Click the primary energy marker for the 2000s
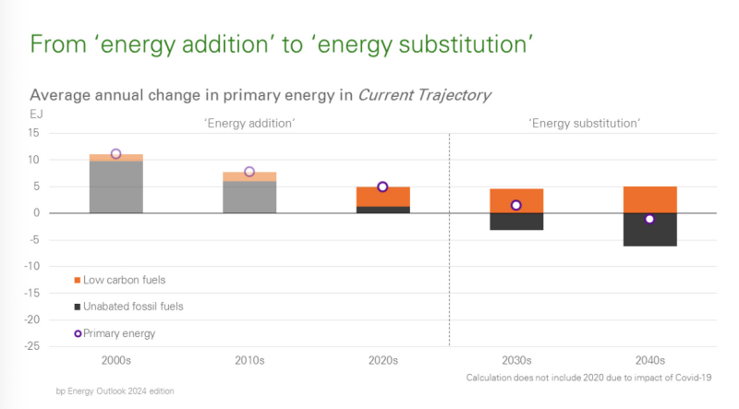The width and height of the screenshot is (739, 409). [115, 154]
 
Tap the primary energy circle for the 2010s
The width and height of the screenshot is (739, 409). [249, 172]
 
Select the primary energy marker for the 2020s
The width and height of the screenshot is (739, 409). [382, 186]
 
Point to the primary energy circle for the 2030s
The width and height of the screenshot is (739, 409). [516, 205]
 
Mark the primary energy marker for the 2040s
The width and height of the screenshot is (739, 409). [649, 219]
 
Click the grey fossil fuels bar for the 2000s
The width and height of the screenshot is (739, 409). [115, 187]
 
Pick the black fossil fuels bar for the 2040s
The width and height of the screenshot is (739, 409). [649, 232]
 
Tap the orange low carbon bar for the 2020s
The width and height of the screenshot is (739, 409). [382, 197]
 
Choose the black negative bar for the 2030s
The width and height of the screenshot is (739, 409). [516, 222]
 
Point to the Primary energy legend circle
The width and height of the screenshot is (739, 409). [78, 333]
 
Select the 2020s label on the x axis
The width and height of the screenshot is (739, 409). [382, 360]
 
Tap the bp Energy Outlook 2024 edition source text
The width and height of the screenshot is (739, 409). [115, 391]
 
